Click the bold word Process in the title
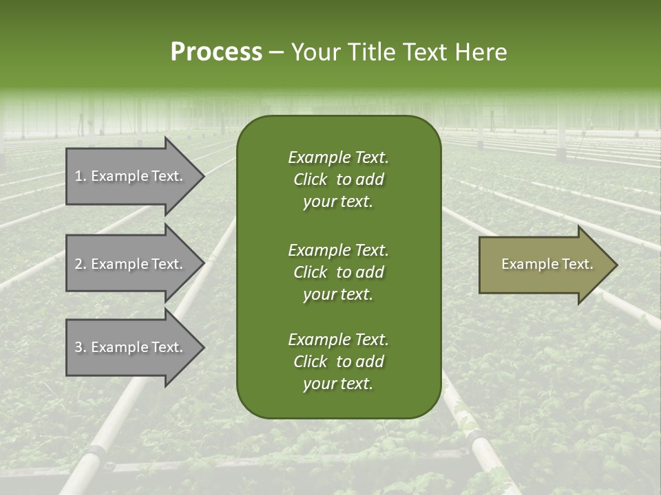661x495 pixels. tap(216, 52)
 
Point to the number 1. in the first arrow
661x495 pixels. tap(81, 176)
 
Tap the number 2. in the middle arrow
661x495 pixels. tap(81, 264)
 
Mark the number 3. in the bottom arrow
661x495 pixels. tap(81, 347)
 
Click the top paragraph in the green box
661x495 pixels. tap(338, 179)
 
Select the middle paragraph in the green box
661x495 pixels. tap(338, 272)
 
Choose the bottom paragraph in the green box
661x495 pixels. tap(338, 362)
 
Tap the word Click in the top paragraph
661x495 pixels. tap(311, 179)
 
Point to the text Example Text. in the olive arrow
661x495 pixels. tap(547, 264)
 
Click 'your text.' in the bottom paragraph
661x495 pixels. tap(338, 384)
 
